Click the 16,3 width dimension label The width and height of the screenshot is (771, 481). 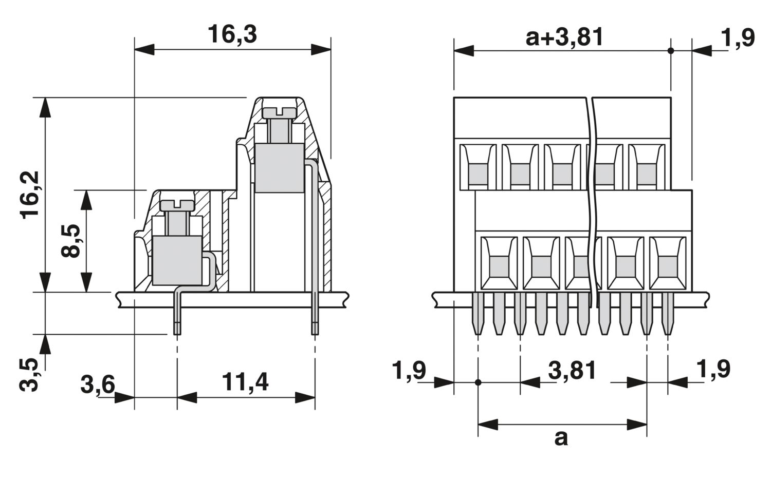pos(232,34)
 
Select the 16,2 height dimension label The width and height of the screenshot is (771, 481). pos(30,195)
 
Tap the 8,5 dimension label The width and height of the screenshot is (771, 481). pos(70,241)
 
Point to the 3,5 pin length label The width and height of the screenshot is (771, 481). pos(29,375)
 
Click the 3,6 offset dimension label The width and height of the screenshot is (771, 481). pos(98,384)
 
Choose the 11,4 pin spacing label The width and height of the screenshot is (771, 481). pos(245,382)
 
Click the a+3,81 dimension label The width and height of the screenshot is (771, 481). pos(564,37)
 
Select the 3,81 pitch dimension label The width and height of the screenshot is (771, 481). pos(572,370)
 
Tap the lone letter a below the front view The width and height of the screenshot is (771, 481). pos(561,438)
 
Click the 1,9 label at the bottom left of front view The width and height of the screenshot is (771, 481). pos(409,370)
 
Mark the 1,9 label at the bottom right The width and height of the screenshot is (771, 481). pos(713,369)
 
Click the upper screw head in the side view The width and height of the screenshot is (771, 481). pos(279,112)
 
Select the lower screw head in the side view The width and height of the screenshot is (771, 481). pos(177,205)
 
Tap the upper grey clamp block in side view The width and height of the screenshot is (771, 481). pos(280,168)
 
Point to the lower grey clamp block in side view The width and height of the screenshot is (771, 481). pos(177,260)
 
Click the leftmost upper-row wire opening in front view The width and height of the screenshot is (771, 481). pos(478,167)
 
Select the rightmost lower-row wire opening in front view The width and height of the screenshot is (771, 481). pos(668,263)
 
